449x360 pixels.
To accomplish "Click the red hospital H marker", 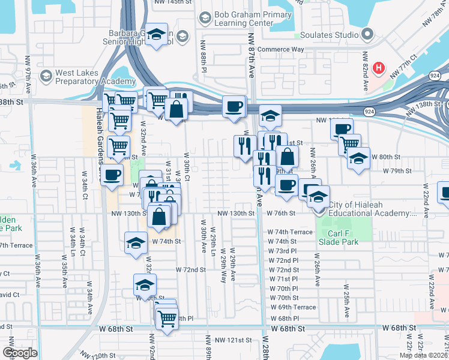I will [378, 68].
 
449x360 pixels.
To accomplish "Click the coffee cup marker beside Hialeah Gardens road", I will [112, 175].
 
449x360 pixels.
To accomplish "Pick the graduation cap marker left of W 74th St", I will [136, 242].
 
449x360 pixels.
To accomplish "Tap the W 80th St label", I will [386, 157].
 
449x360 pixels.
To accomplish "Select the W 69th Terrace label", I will [292, 307].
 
